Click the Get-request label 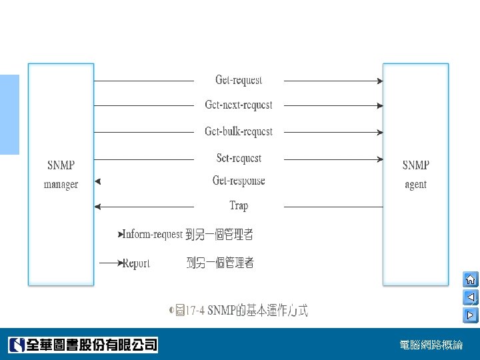[239, 80]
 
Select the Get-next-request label [239, 105]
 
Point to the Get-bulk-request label [239, 131]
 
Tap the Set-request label [239, 158]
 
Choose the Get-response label [239, 181]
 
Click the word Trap [239, 205]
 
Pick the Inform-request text [153, 235]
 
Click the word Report [137, 263]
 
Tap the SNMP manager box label [61, 175]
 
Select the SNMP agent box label [415, 175]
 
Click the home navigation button [470, 279]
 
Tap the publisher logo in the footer [83, 345]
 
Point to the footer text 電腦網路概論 [431, 345]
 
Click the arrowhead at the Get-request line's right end [380, 81]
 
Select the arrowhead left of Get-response [98, 181]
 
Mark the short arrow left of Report [110, 263]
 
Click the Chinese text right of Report [220, 263]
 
